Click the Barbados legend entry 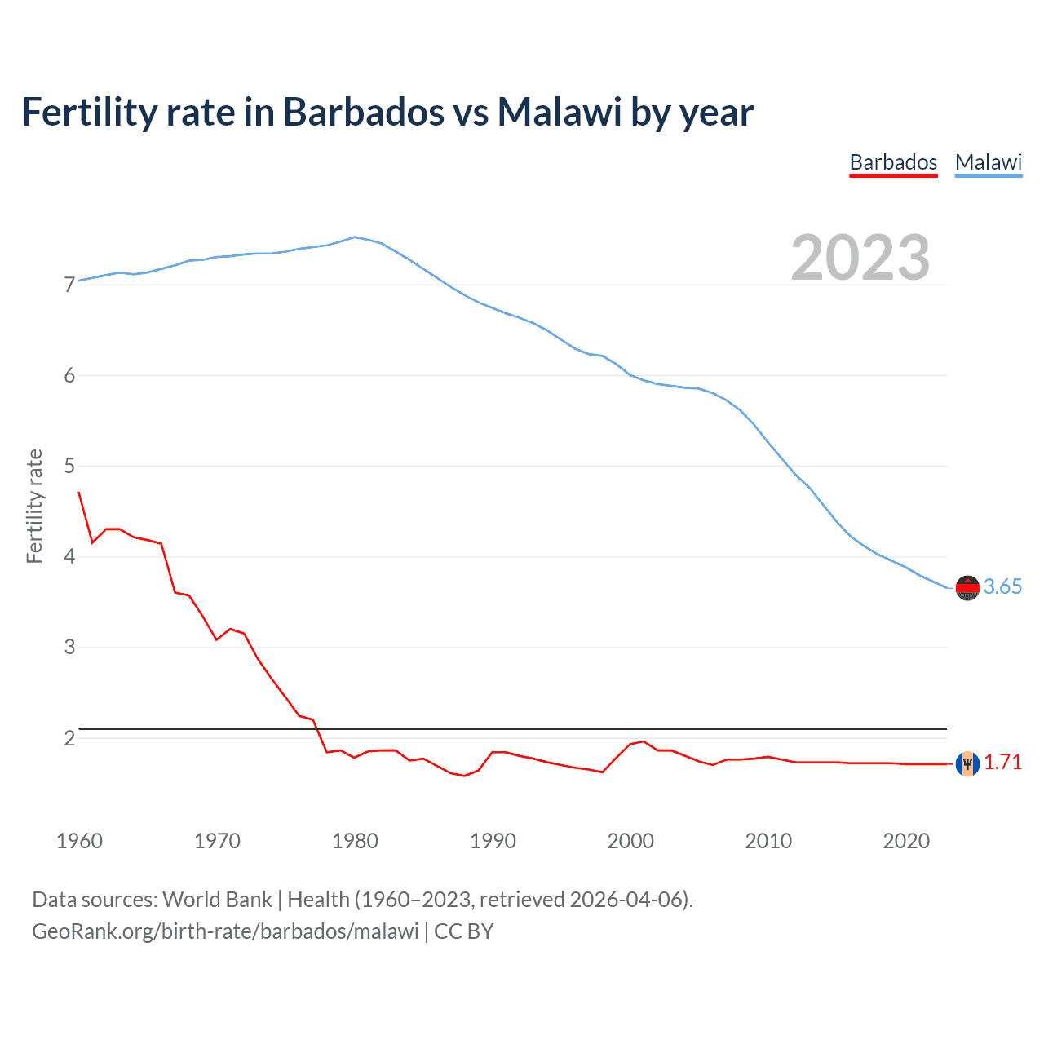(x=893, y=162)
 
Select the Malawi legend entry (x=989, y=162)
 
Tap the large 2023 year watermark (x=860, y=258)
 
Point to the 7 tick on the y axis (x=69, y=285)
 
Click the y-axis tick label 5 (x=69, y=466)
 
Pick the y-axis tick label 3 (x=69, y=647)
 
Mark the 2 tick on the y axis (x=69, y=738)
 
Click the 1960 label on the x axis (x=79, y=841)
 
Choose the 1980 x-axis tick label (x=355, y=841)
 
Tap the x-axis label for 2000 (x=630, y=841)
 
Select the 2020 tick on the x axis (x=906, y=841)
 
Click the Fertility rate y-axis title (x=34, y=506)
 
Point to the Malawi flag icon (x=967, y=587)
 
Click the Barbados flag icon (x=967, y=763)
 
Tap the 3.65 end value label (x=1002, y=587)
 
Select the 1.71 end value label (x=1002, y=763)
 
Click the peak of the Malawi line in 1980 (x=354, y=237)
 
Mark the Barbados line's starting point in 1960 (x=79, y=492)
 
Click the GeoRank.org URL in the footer (x=225, y=931)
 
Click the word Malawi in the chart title (x=560, y=112)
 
